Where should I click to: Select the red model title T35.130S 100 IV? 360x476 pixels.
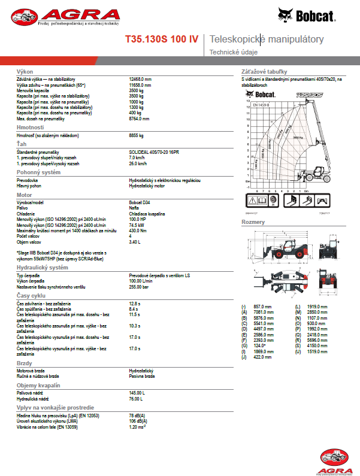click(161, 40)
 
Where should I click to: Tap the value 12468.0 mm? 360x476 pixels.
click(140, 79)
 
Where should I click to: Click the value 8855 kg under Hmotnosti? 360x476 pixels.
click(137, 135)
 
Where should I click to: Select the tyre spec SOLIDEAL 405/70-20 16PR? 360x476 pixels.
click(155, 153)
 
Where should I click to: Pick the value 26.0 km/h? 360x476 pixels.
click(138, 163)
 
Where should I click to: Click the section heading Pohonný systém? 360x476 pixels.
click(38, 172)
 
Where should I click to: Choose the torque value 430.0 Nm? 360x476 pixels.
click(138, 231)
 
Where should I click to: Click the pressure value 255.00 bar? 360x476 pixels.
click(138, 286)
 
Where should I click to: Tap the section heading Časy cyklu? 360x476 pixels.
click(32, 296)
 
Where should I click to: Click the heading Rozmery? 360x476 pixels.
click(253, 222)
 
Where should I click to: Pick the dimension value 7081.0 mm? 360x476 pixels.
click(263, 312)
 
